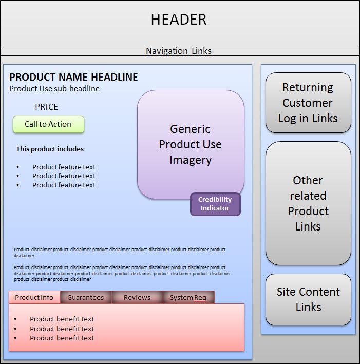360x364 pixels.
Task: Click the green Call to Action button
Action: click(x=48, y=124)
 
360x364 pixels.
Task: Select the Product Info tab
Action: click(x=34, y=297)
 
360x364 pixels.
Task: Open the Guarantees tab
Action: click(x=85, y=297)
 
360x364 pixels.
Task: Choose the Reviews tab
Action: click(x=137, y=297)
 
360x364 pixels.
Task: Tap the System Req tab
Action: click(x=188, y=297)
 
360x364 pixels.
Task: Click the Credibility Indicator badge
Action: click(x=215, y=204)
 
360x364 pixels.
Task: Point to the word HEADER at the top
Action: click(x=179, y=20)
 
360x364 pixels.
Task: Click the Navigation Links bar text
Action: click(x=179, y=51)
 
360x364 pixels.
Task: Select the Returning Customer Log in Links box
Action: click(x=308, y=103)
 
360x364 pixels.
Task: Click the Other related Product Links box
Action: click(x=308, y=203)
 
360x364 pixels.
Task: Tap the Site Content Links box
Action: click(x=308, y=299)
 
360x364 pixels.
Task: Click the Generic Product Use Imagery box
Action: click(x=191, y=144)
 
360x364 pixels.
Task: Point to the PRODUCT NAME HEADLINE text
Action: click(x=73, y=77)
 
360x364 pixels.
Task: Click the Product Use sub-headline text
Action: click(x=54, y=89)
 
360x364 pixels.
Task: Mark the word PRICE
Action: click(x=47, y=107)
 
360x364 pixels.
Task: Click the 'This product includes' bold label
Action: click(x=50, y=149)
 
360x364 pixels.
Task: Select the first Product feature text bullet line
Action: click(x=64, y=167)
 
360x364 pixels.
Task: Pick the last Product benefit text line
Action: click(x=62, y=338)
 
